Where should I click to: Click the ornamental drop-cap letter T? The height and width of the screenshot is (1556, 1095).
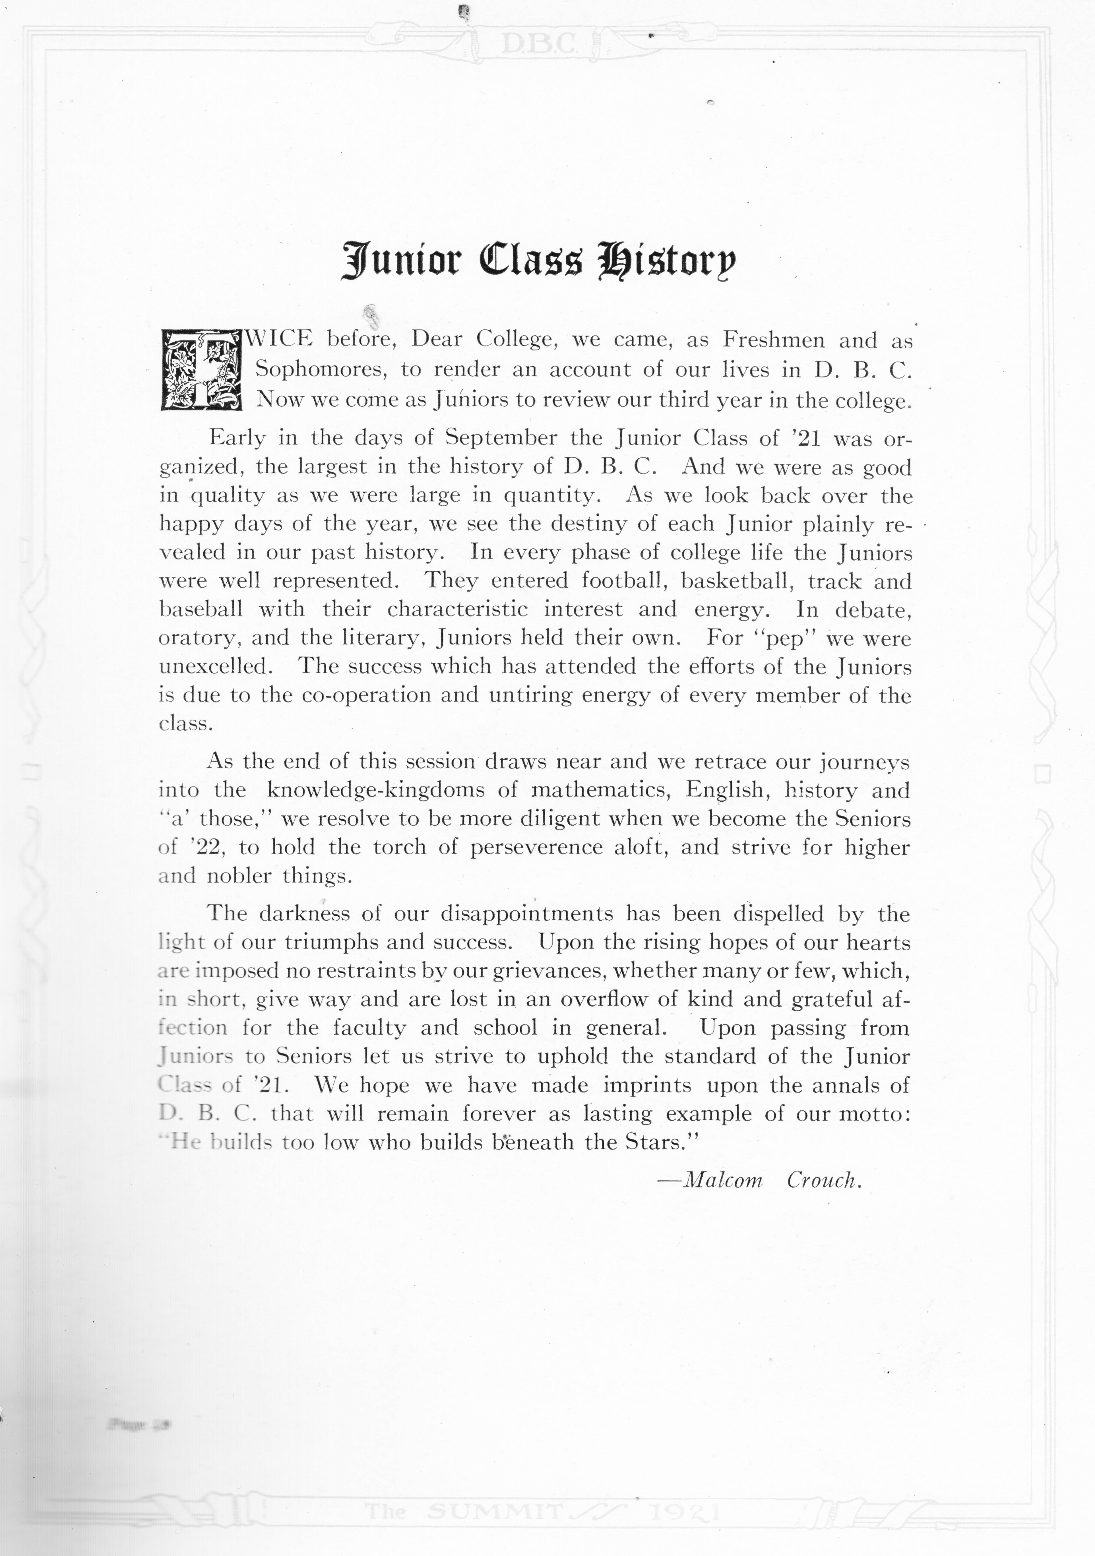tap(201, 369)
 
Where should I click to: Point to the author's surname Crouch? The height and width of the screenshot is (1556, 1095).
tap(823, 1181)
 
